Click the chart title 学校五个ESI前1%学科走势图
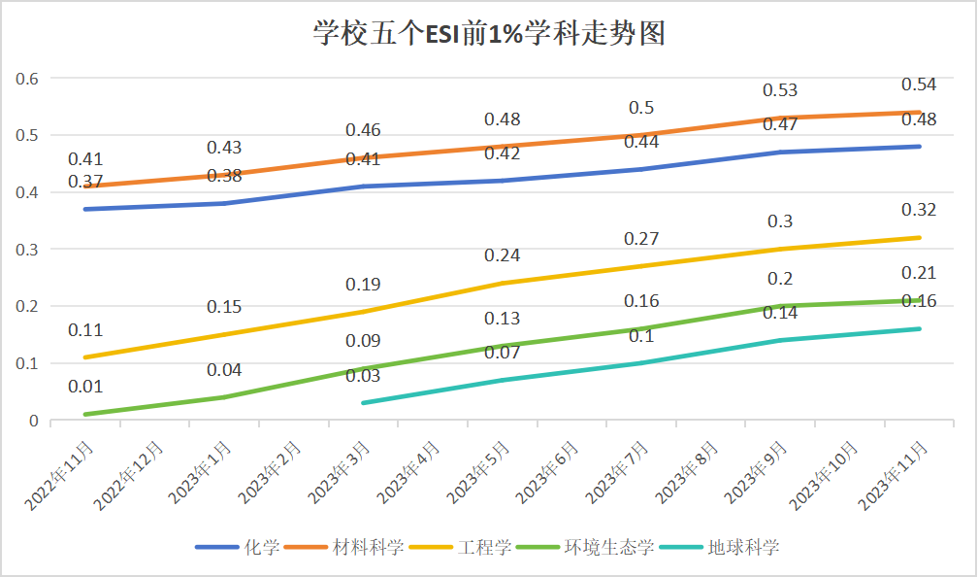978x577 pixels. [488, 34]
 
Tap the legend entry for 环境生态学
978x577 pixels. [609, 547]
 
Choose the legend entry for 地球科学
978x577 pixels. [743, 547]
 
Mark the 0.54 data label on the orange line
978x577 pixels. [919, 85]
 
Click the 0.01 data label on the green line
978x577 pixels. [85, 388]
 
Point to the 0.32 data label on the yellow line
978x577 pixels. [919, 210]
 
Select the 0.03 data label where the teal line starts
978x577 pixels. [363, 376]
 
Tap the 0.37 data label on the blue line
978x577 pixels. [85, 182]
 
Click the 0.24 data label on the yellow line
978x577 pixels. [503, 255]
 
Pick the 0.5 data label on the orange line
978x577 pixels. [641, 108]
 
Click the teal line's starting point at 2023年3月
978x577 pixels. [363, 403]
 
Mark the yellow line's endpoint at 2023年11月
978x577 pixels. [919, 238]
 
